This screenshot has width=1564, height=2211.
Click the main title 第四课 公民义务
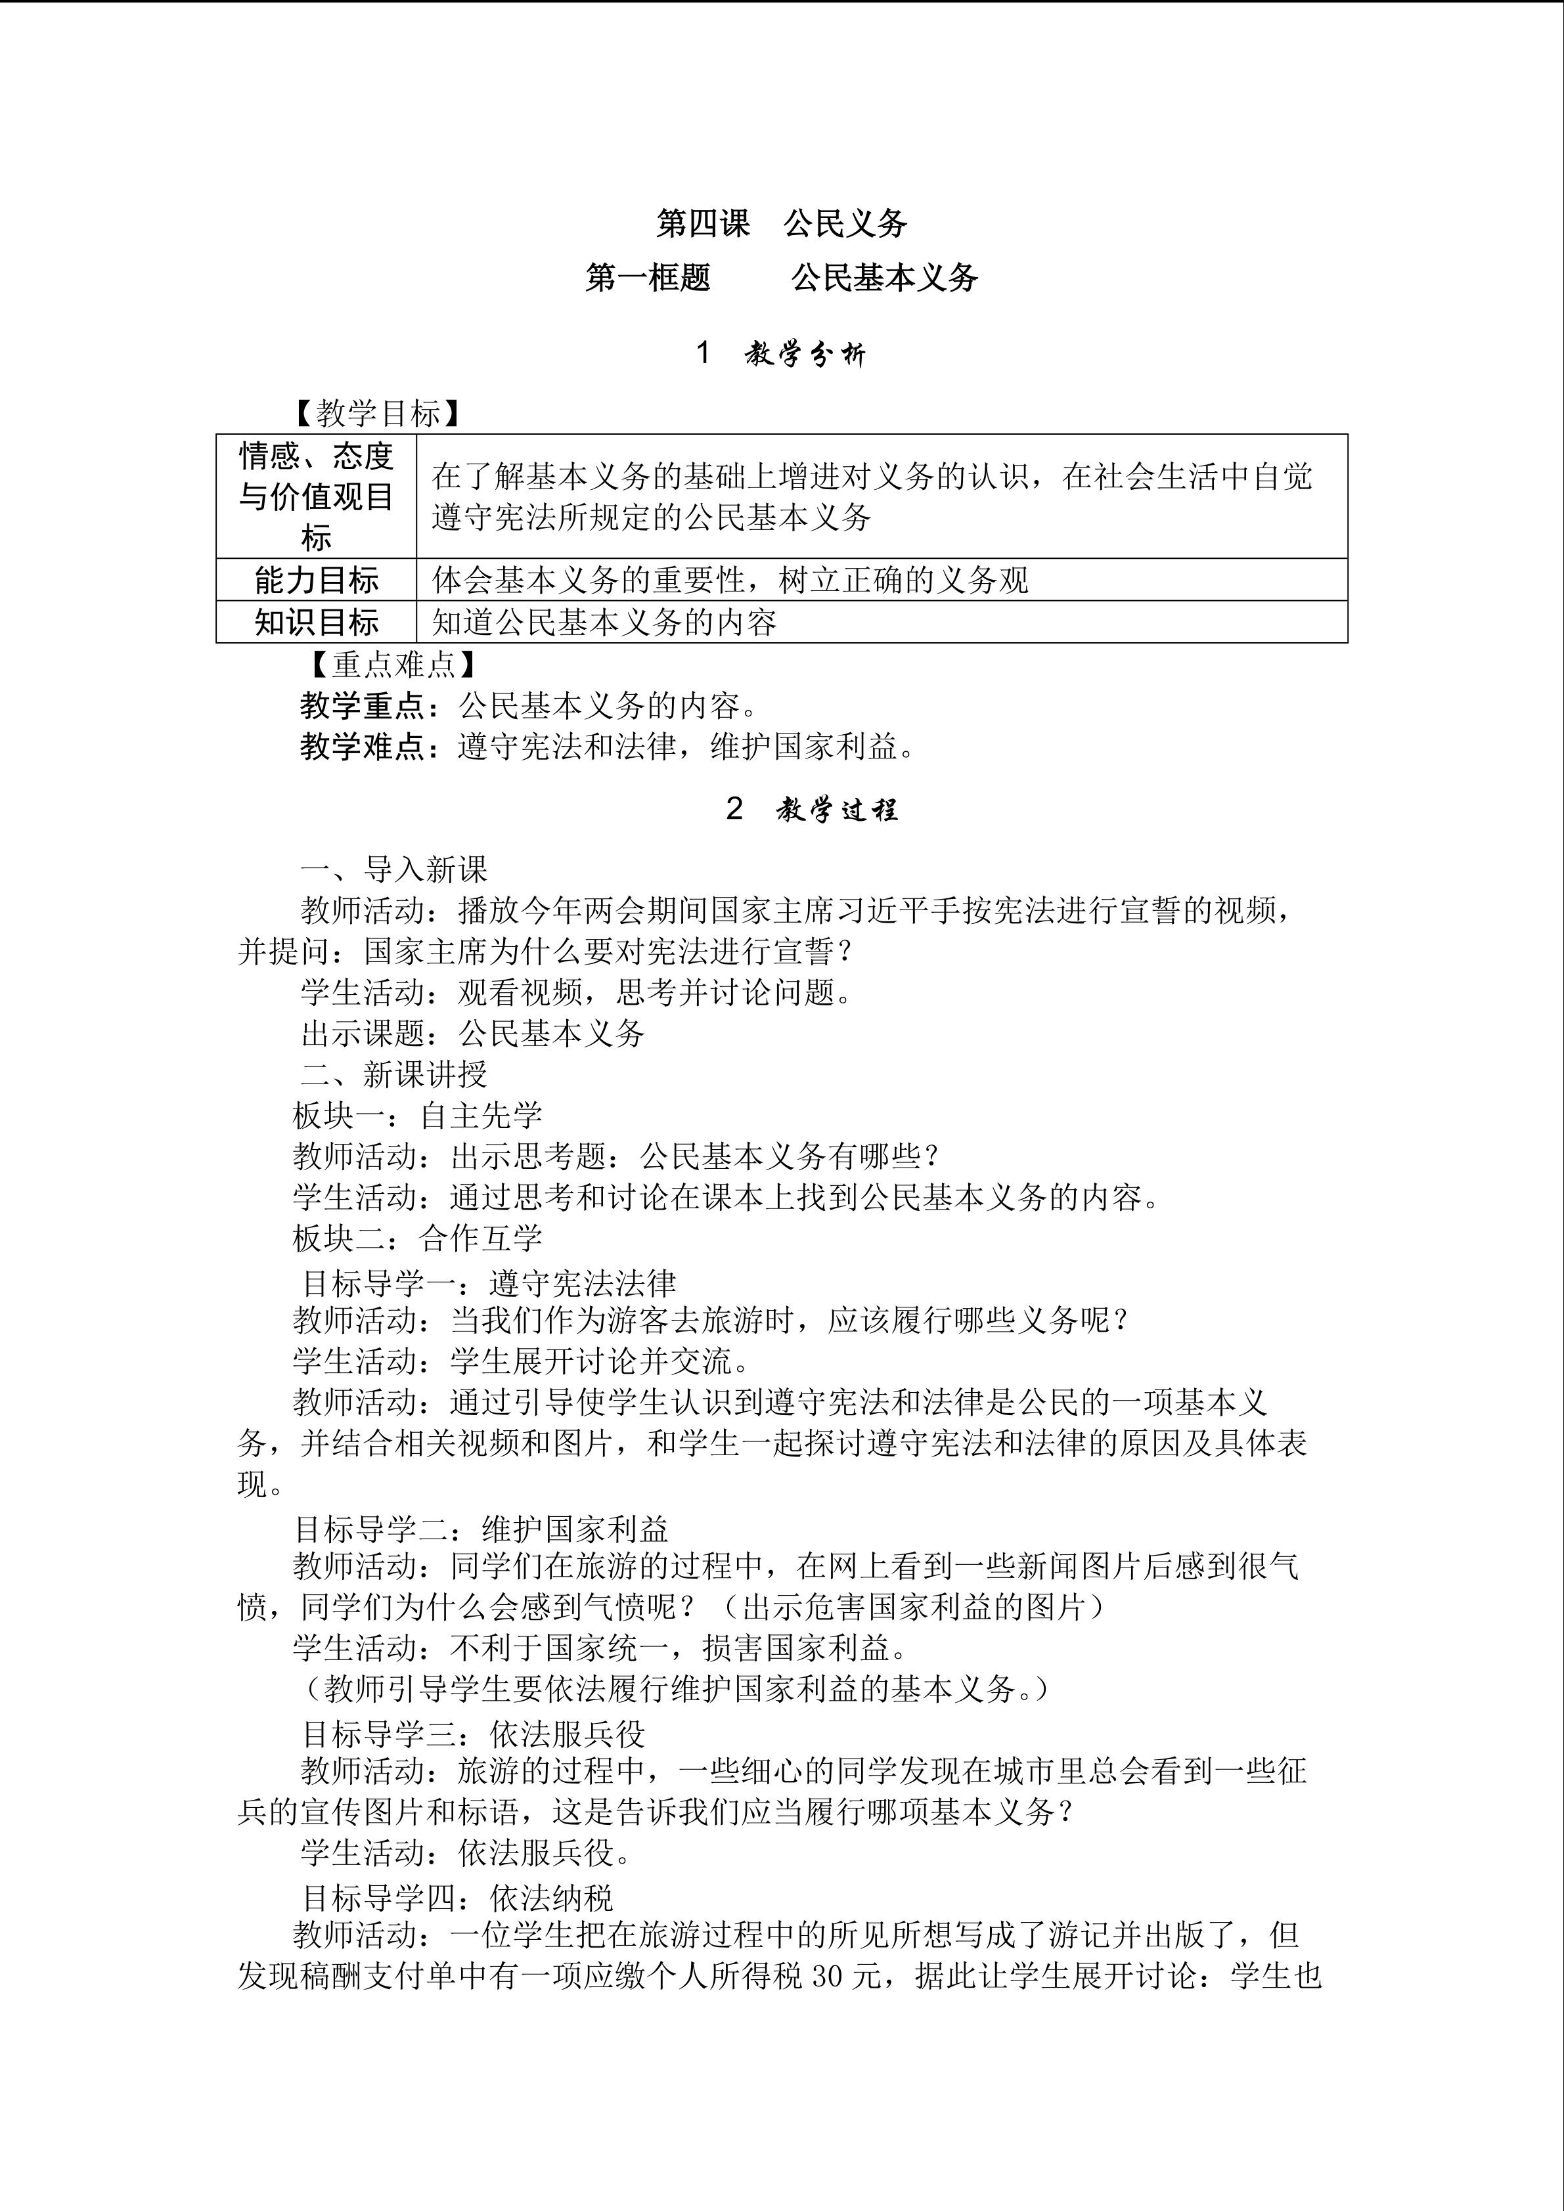point(781,223)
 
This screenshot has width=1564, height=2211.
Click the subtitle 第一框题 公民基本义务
point(781,277)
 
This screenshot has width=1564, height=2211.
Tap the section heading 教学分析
point(805,355)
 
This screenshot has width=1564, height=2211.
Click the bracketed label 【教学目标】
point(378,414)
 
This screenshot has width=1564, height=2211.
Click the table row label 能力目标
point(316,580)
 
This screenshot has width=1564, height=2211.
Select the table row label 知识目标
point(316,622)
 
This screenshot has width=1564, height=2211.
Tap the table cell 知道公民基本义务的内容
point(604,622)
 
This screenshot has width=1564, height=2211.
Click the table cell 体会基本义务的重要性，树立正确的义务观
point(730,580)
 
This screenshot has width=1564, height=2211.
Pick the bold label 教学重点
point(362,706)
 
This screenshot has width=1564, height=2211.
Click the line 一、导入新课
point(394,869)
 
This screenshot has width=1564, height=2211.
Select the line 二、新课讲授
point(394,1074)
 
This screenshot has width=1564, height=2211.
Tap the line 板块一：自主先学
point(417,1115)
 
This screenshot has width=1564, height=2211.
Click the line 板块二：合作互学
point(417,1237)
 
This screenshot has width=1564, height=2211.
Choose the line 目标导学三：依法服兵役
point(473,1734)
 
